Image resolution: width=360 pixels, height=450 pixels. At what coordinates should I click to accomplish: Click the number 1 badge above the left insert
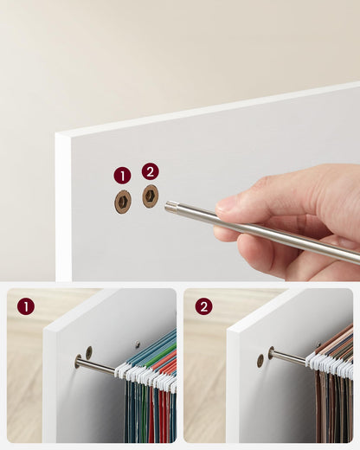[x=122, y=175]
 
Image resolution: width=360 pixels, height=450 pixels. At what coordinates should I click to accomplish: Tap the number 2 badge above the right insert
[x=150, y=171]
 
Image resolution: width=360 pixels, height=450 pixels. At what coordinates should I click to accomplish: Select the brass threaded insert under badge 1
[x=123, y=201]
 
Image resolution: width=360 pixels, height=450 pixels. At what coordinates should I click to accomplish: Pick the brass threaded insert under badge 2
[x=151, y=196]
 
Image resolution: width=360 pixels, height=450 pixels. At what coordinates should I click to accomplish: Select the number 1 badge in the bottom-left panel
[x=25, y=305]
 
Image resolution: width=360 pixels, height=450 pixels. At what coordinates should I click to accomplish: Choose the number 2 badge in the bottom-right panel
[x=203, y=305]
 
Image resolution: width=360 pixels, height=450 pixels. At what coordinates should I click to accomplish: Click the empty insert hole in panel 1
[x=89, y=352]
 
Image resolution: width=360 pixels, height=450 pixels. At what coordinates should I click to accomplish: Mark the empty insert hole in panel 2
[x=260, y=360]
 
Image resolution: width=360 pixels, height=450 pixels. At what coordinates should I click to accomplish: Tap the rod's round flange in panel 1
[x=79, y=362]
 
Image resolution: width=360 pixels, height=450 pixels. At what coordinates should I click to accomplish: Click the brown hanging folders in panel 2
[x=333, y=407]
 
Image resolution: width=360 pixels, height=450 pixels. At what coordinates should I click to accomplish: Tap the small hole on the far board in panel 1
[x=137, y=344]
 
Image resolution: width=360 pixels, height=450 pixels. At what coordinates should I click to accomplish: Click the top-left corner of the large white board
[x=58, y=136]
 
